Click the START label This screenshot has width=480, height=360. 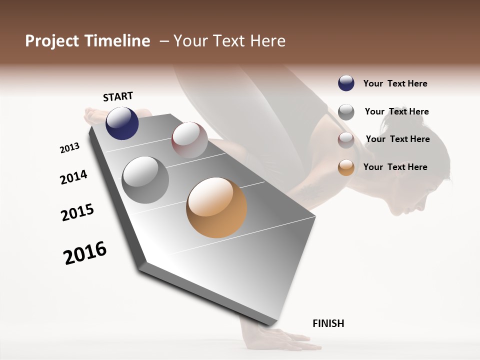tap(118, 96)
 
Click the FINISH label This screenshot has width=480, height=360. tap(328, 323)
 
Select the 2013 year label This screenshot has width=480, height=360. tap(69, 148)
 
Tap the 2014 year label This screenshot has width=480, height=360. tap(73, 177)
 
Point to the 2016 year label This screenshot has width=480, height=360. tap(85, 253)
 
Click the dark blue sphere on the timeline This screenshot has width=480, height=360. tap(122, 123)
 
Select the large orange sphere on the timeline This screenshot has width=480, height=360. tap(216, 207)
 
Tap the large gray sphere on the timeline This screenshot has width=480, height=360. tap(145, 180)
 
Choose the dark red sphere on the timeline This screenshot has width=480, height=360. tap(189, 140)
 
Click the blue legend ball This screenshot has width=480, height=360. tap(346, 83)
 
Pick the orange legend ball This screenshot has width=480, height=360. tap(346, 167)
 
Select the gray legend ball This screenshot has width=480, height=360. tap(346, 112)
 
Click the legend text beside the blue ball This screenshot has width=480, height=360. tap(395, 83)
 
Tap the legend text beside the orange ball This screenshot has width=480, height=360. tap(395, 167)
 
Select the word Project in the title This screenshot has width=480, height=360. tap(50, 41)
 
